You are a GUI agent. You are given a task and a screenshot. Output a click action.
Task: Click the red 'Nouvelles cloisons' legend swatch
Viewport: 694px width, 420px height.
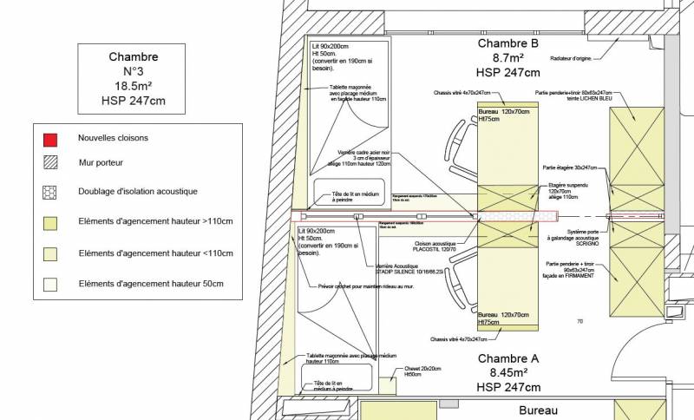tap(52, 138)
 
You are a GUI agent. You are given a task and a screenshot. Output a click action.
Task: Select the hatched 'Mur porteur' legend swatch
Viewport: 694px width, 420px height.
tap(52, 162)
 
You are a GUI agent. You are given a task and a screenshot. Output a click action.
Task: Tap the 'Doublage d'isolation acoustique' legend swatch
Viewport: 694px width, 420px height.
tap(52, 191)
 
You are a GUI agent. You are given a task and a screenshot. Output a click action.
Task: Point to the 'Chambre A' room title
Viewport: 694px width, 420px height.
tap(508, 358)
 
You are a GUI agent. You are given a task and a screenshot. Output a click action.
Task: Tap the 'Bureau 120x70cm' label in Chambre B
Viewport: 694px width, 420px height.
tap(507, 112)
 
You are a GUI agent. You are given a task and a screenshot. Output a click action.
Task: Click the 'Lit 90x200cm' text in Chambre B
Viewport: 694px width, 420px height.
tap(330, 46)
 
